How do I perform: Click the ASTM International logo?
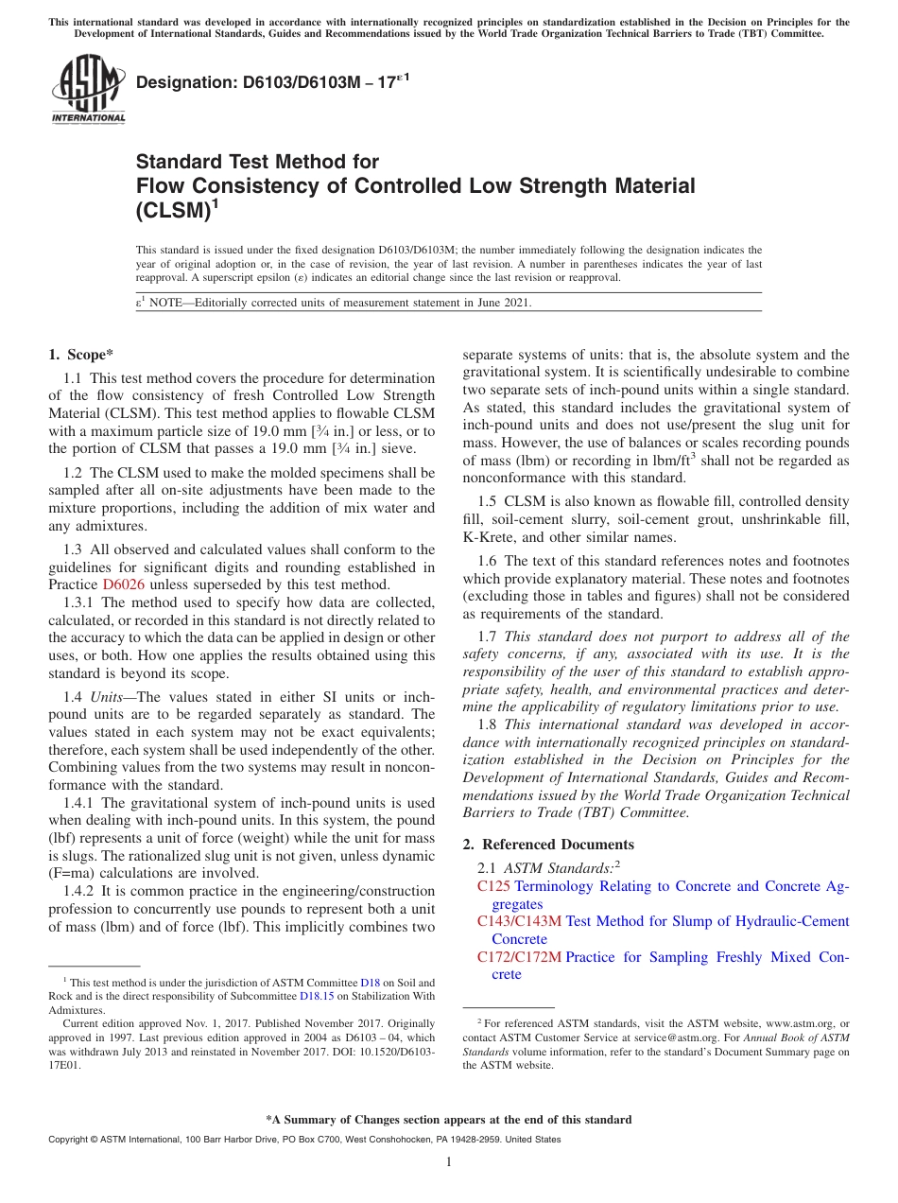point(88,90)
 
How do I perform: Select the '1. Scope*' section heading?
point(80,356)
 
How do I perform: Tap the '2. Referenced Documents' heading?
point(548,845)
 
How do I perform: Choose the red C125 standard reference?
point(493,886)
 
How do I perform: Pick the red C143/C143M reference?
point(519,921)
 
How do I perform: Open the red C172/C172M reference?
point(519,957)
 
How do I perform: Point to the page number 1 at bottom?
point(449,1161)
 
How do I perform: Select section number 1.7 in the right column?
point(488,636)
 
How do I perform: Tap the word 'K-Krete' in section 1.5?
point(488,537)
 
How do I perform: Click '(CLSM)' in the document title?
point(174,210)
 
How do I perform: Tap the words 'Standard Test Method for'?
point(257,162)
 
